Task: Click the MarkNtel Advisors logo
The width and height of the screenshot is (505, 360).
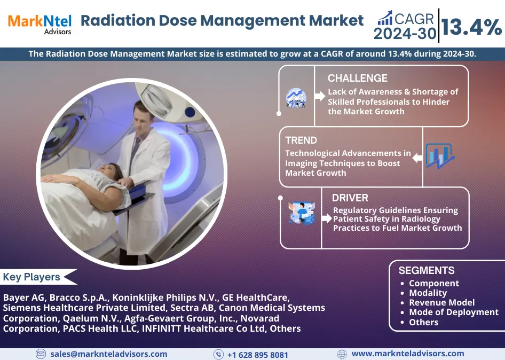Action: click(40, 25)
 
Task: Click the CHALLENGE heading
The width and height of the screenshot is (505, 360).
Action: click(358, 79)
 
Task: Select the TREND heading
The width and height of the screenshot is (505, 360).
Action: click(301, 140)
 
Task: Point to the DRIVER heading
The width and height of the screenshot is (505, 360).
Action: click(350, 198)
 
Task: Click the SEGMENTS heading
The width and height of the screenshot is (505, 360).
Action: click(427, 270)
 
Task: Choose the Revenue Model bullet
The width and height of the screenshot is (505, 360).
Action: click(438, 303)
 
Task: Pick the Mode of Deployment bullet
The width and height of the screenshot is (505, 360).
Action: click(449, 312)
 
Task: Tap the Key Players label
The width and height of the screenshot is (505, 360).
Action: click(31, 277)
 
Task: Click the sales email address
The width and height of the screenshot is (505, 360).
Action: click(108, 354)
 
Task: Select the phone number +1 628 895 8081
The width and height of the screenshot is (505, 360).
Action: click(258, 355)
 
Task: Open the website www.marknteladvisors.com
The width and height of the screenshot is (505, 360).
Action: click(408, 354)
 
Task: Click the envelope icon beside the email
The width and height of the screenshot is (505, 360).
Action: click(41, 354)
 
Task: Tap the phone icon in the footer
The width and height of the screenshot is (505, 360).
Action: click(219, 355)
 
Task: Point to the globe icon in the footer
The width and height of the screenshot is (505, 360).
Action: click(342, 354)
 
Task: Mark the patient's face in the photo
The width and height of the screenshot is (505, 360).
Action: click(108, 171)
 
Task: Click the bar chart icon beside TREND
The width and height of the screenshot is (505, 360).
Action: click(440, 156)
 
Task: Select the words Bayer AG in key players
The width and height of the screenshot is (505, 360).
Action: click(24, 298)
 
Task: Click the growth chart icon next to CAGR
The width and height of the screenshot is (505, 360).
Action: click(385, 18)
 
